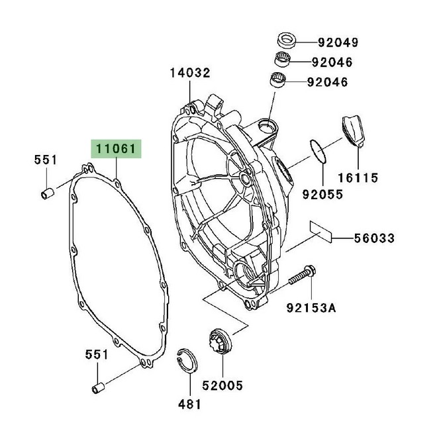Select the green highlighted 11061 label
coord(117,150)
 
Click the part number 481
coord(187,403)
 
